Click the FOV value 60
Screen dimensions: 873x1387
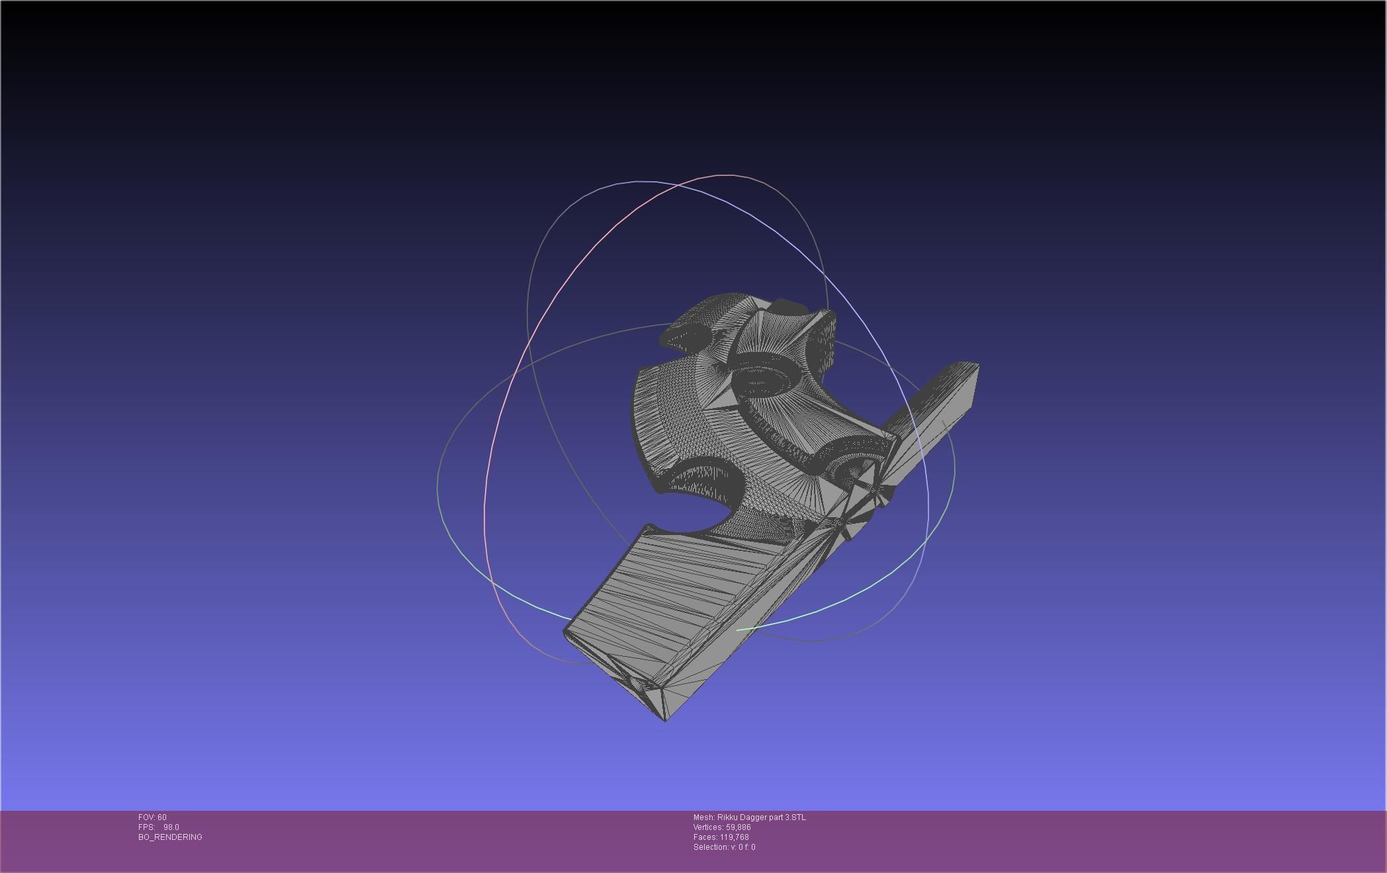pyautogui.click(x=161, y=817)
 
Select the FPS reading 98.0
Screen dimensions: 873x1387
pyautogui.click(x=171, y=827)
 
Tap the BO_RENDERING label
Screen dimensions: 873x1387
pyautogui.click(x=170, y=837)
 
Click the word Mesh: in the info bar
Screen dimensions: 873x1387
pyautogui.click(x=704, y=817)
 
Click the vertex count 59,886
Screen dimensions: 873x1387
pyautogui.click(x=738, y=827)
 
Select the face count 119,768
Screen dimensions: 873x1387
pyautogui.click(x=734, y=837)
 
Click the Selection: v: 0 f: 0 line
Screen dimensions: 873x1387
pyautogui.click(x=724, y=847)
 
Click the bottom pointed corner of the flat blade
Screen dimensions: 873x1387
pyautogui.click(x=665, y=720)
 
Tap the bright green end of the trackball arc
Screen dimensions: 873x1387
pyautogui.click(x=739, y=630)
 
